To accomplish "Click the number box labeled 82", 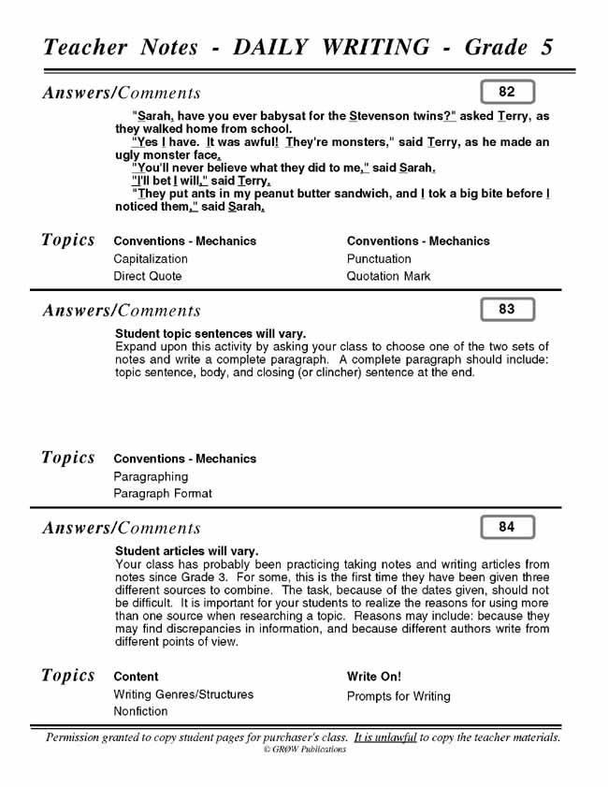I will click(x=507, y=92).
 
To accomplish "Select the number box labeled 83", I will click(x=507, y=309).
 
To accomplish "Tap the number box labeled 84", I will click(x=507, y=527).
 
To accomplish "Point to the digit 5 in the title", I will click(x=546, y=47).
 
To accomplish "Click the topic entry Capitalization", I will click(x=151, y=258).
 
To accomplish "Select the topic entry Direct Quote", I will click(x=148, y=276).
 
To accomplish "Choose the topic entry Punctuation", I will click(x=379, y=258).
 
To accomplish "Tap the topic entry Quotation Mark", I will click(x=388, y=276).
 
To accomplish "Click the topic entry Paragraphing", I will click(x=151, y=476).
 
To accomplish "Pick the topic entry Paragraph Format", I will click(x=163, y=493).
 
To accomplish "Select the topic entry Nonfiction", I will click(x=141, y=711).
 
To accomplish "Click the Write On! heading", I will click(x=374, y=676).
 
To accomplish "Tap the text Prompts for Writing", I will click(x=398, y=696).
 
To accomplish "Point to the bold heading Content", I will click(x=136, y=676).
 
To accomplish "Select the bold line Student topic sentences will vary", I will click(x=210, y=333).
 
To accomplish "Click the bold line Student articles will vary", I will click(x=187, y=551).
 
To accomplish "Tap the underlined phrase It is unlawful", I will click(x=384, y=737).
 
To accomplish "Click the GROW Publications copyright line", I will click(x=304, y=750).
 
